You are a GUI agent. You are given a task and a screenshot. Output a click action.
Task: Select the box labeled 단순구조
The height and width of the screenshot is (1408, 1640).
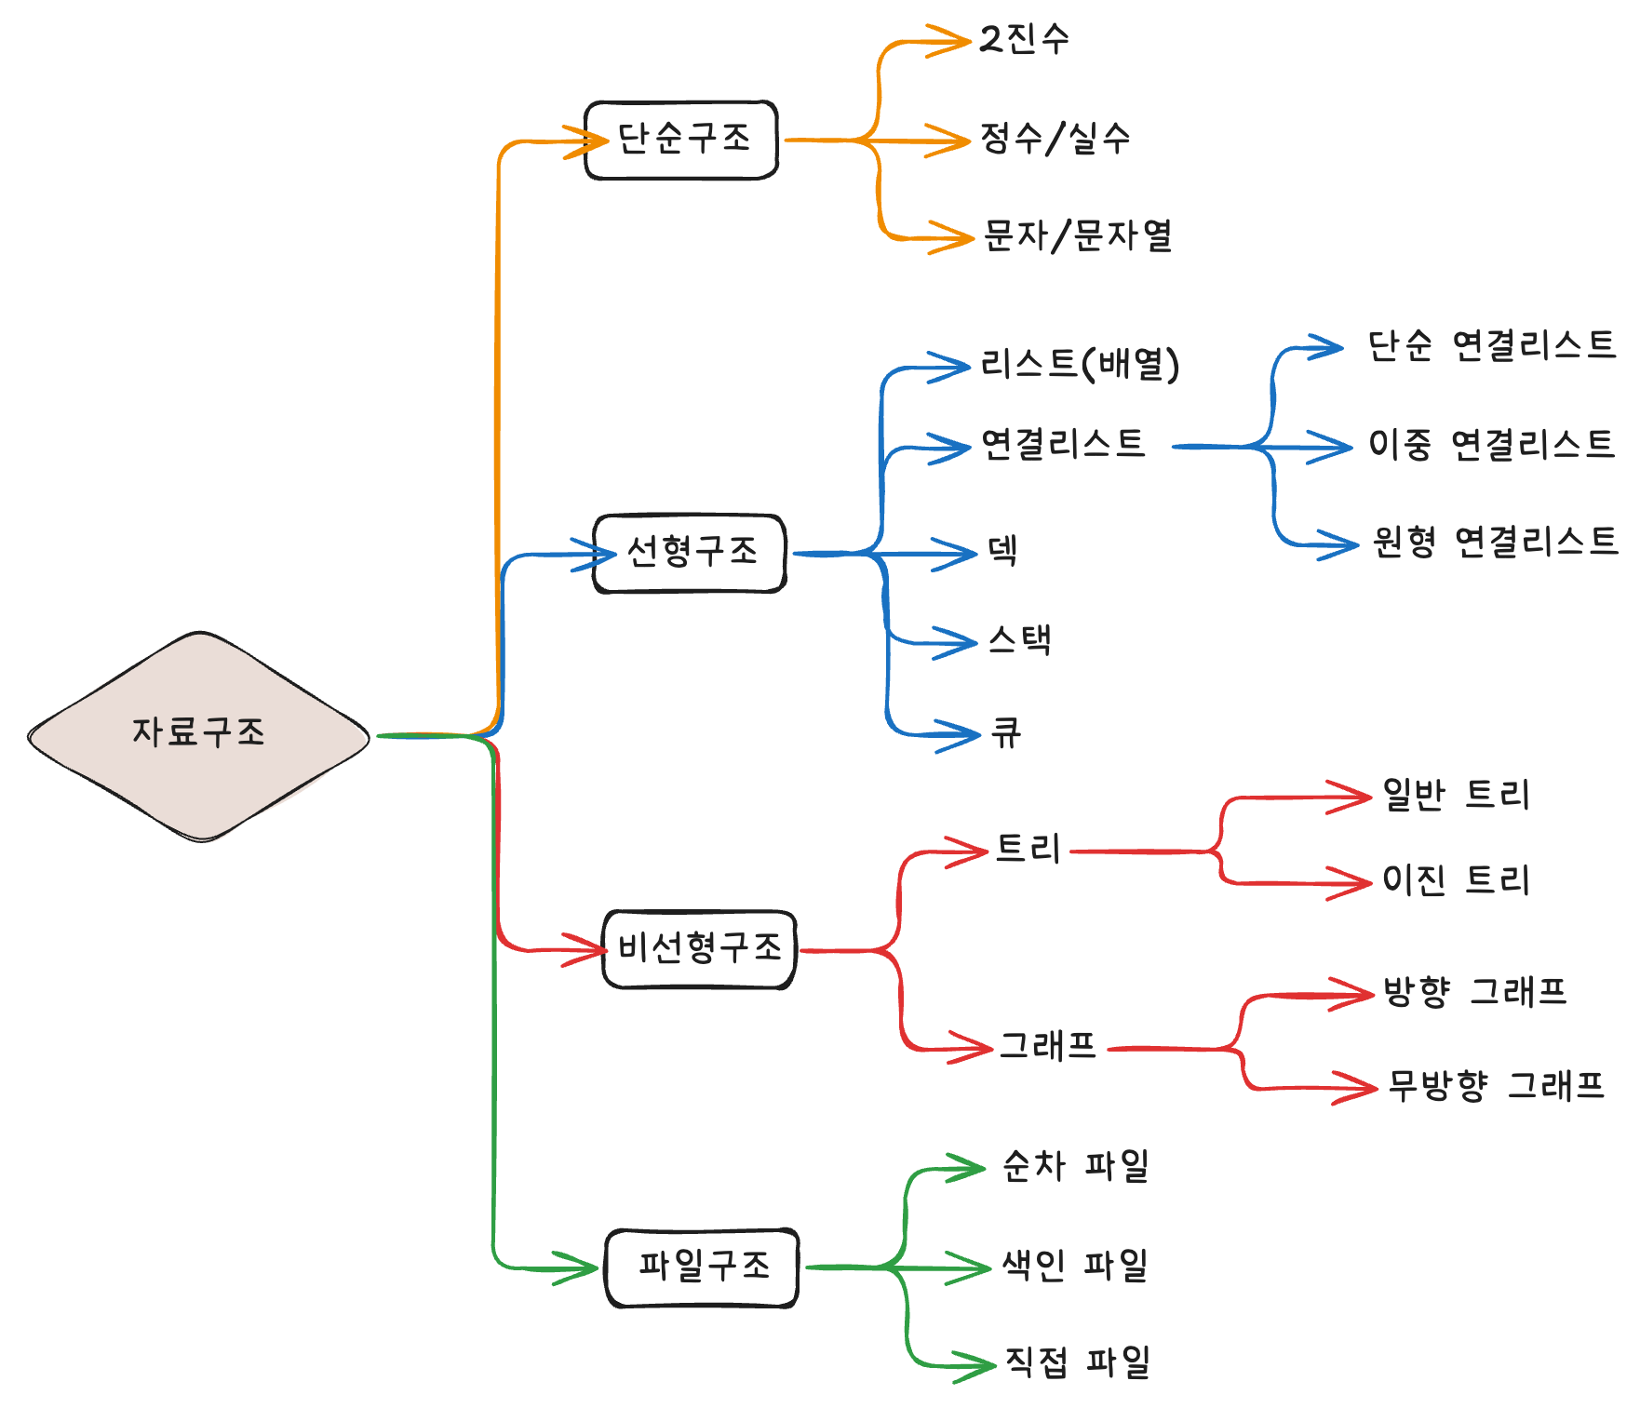(x=681, y=140)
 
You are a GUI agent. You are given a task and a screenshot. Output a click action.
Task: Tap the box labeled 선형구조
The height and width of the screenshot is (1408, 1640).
(x=691, y=553)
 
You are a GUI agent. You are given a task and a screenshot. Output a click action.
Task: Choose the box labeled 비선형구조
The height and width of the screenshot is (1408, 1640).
(x=700, y=949)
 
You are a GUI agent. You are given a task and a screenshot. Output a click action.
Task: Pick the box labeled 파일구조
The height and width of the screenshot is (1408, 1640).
(x=703, y=1267)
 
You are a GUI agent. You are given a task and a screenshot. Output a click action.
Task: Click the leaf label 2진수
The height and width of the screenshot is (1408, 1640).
(x=1025, y=39)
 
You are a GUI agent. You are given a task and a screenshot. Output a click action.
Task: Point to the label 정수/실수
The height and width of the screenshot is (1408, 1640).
(x=1055, y=140)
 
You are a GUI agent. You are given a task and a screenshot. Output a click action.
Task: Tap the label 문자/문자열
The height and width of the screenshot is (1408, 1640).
(x=1078, y=236)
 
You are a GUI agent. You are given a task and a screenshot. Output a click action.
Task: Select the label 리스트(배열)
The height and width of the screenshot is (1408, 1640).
(x=1080, y=364)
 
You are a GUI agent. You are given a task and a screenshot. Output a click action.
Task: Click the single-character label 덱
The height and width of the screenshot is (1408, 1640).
(x=1002, y=550)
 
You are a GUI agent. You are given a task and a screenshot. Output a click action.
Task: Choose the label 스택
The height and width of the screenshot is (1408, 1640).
(x=1020, y=640)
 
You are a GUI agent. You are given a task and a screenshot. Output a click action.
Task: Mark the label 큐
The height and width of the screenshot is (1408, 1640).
(x=1006, y=732)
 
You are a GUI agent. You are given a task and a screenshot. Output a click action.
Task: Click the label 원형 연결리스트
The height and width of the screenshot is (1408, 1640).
(x=1495, y=542)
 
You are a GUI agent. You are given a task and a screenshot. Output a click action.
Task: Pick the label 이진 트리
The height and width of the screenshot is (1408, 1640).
(x=1456, y=879)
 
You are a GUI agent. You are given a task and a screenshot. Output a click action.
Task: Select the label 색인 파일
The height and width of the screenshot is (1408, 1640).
(x=1075, y=1266)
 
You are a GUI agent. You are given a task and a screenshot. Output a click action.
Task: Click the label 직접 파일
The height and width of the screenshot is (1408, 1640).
(x=1078, y=1362)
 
